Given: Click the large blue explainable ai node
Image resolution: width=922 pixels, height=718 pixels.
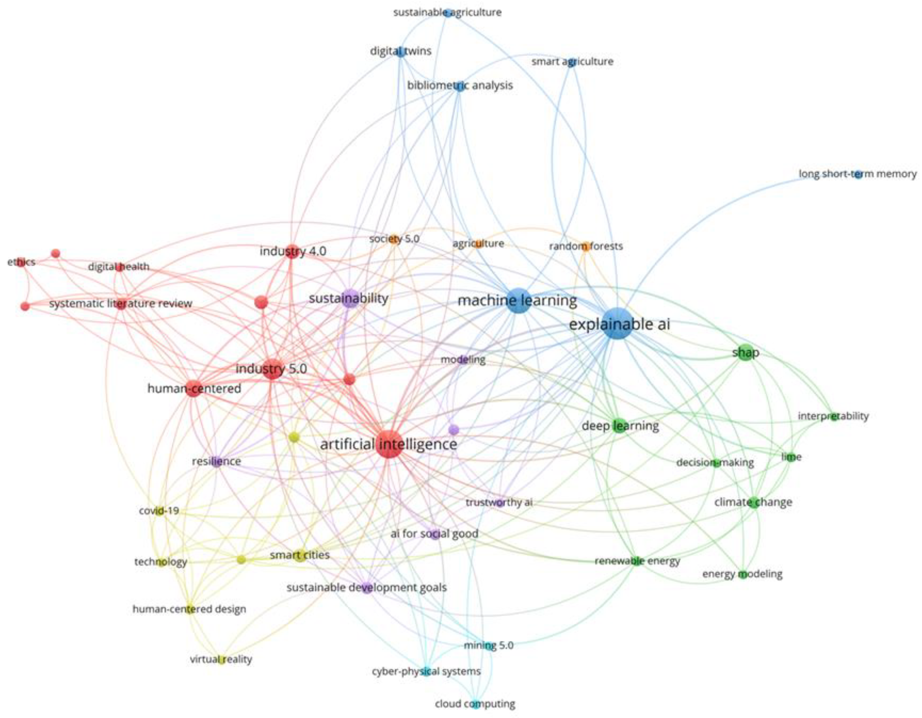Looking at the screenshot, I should (x=618, y=323).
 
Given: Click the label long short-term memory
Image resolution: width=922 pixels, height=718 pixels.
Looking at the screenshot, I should (x=857, y=174).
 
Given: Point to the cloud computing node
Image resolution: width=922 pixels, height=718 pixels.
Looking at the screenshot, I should (x=475, y=704).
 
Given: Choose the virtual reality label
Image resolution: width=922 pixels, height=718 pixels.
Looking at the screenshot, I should (x=221, y=659).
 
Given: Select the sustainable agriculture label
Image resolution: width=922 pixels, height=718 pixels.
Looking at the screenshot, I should (x=448, y=12).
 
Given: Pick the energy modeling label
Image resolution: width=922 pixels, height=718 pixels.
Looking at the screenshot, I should (x=742, y=574).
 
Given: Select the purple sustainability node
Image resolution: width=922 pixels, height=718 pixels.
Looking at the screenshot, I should (x=350, y=298).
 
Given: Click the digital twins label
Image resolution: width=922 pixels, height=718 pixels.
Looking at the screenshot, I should (x=401, y=51).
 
